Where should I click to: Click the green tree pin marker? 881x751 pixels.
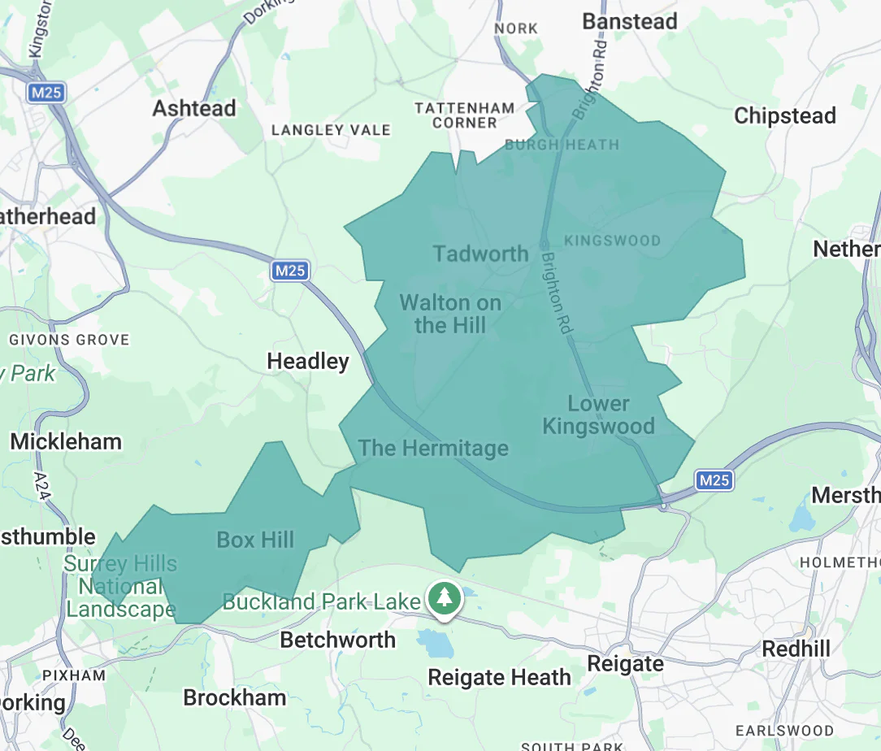[x=444, y=599]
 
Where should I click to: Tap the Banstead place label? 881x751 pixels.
[x=629, y=22]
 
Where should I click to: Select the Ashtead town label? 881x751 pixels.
[x=194, y=108]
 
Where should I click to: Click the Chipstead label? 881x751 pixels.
[x=784, y=116]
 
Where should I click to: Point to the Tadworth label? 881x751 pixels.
[x=481, y=254]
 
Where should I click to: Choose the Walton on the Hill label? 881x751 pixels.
[x=450, y=315]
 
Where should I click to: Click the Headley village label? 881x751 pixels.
[x=308, y=362]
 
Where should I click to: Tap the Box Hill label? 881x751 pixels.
[x=255, y=540]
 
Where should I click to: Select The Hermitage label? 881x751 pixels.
[x=433, y=448]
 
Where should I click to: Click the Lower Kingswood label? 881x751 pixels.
[x=598, y=415]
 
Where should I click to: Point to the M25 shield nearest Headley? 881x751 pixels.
[x=290, y=271]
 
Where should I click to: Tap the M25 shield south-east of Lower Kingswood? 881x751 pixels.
[x=714, y=480]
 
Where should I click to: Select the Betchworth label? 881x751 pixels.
[x=337, y=640]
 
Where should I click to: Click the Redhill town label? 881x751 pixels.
[x=796, y=649]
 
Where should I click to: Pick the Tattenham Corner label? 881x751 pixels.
[x=464, y=115]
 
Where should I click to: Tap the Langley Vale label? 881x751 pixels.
[x=331, y=130]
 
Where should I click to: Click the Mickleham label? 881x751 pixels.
[x=66, y=442]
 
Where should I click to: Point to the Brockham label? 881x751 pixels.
[x=234, y=697]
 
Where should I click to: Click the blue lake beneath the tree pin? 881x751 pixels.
[x=436, y=644]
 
